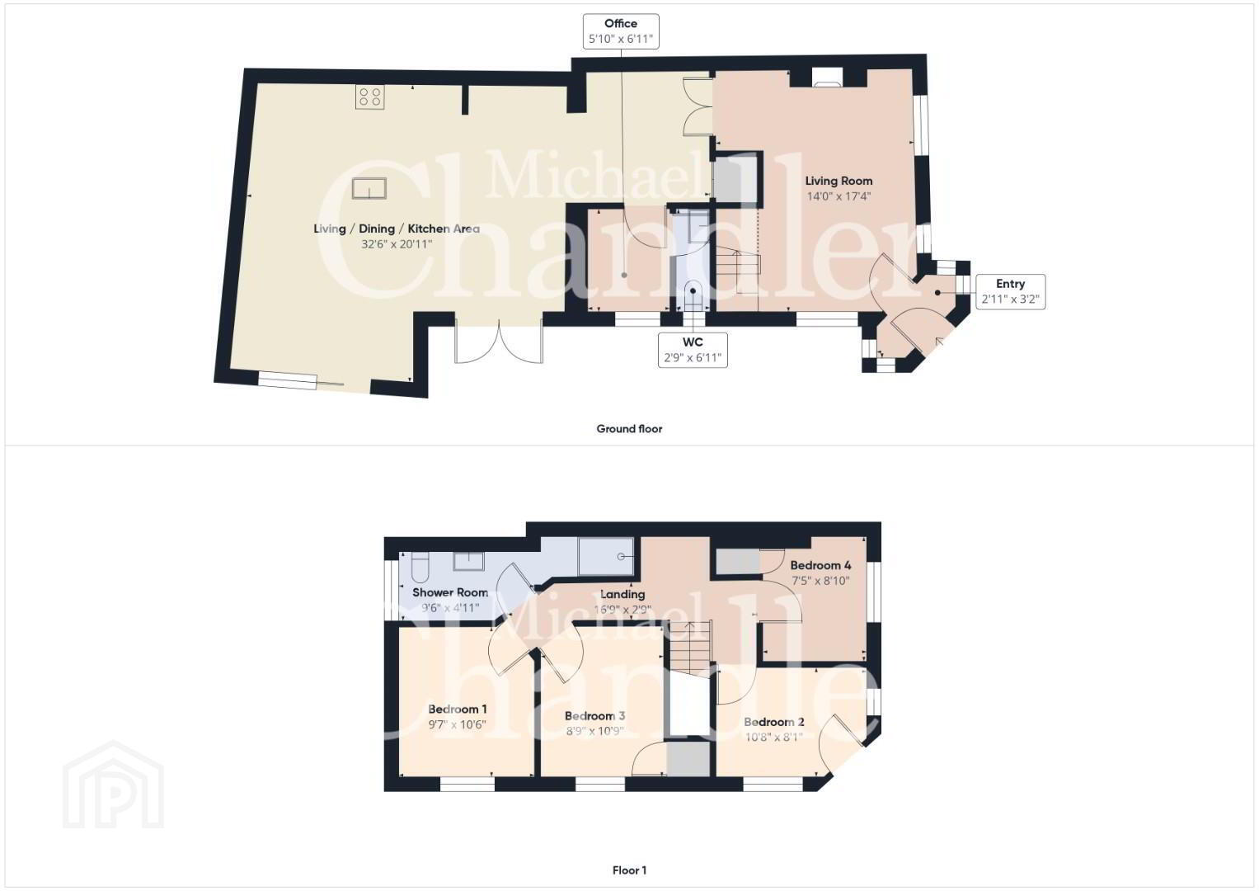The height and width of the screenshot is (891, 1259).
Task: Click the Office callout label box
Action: (621, 31)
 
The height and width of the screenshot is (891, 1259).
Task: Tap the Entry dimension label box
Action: (1011, 292)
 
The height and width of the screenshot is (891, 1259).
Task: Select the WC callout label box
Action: (693, 351)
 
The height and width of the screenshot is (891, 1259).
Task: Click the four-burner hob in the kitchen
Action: (370, 97)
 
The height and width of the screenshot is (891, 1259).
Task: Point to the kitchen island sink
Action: (369, 188)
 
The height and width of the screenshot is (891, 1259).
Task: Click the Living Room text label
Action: (839, 181)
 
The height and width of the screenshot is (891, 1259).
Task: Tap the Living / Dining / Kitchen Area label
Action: (397, 229)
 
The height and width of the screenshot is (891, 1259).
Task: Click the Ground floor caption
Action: (630, 429)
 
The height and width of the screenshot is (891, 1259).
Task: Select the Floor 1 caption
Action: (630, 870)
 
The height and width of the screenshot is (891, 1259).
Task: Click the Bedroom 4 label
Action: (820, 565)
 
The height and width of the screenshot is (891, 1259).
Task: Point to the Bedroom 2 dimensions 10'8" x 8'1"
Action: (774, 738)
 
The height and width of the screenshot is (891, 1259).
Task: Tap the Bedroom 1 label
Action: (458, 709)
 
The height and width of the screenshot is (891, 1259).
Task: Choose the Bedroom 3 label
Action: (594, 716)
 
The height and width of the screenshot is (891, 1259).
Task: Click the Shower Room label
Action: (450, 592)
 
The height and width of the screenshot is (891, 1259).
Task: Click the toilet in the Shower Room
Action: (420, 567)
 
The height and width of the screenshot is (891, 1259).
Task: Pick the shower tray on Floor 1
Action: (606, 557)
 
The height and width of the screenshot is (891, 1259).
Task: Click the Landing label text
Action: (622, 594)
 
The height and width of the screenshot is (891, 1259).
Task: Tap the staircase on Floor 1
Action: (690, 647)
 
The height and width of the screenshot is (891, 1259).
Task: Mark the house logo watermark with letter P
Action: (113, 785)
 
